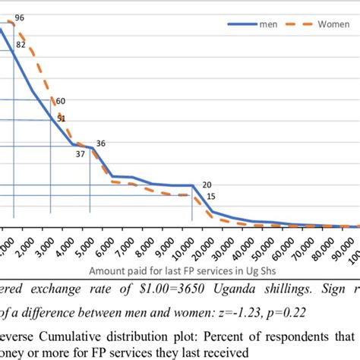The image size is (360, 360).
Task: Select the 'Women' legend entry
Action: (318, 24)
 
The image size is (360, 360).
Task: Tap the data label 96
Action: (20, 17)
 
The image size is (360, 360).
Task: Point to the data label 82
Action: (21, 46)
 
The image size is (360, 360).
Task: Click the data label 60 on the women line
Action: (60, 101)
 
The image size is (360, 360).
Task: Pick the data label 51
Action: (61, 118)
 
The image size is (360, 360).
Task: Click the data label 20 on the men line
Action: (207, 185)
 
